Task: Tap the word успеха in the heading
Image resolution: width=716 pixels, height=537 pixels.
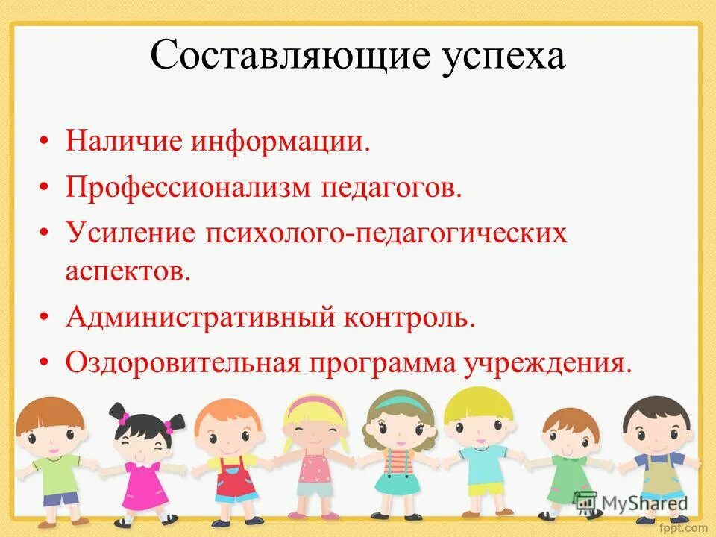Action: (x=502, y=57)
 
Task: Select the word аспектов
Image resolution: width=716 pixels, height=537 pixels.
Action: (x=128, y=270)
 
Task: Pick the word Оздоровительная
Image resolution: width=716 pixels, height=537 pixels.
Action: (x=183, y=363)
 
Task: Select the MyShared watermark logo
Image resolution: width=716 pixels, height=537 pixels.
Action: (x=631, y=503)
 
